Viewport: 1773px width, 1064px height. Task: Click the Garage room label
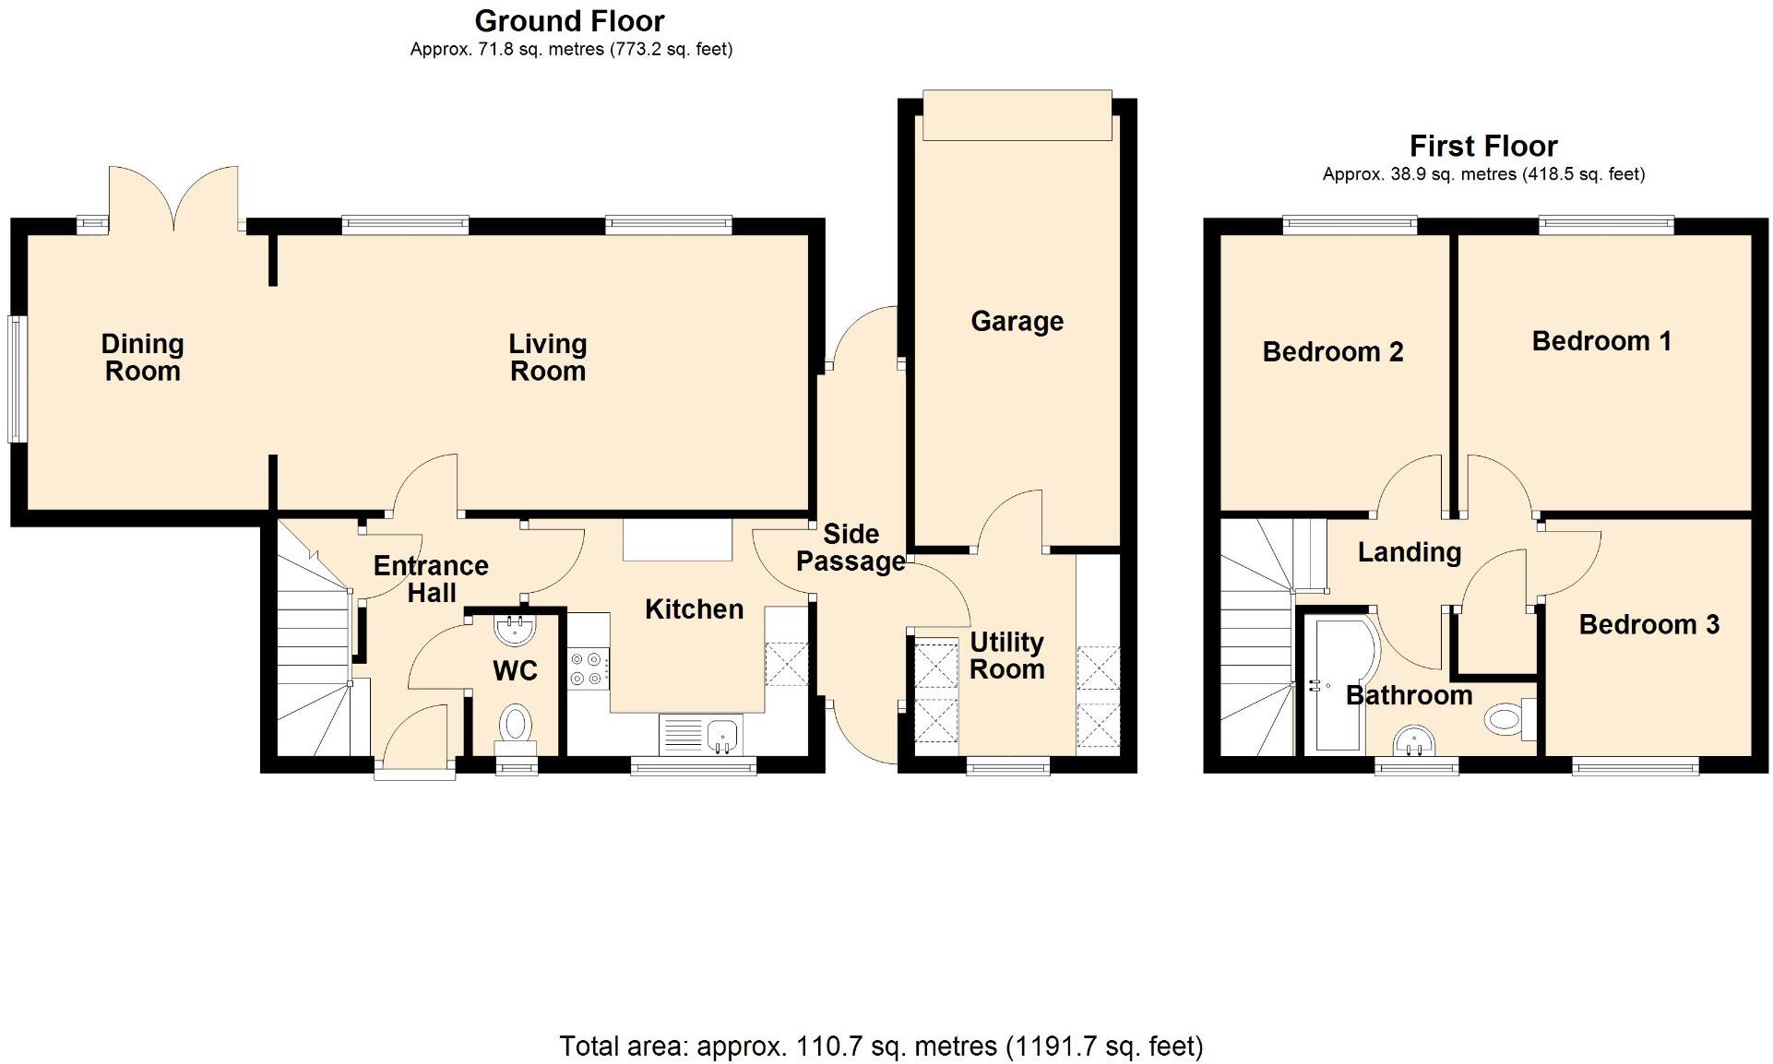coord(1017,321)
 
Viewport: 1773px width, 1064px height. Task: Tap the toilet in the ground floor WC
coord(515,724)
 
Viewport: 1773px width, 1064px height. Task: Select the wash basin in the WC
coord(514,631)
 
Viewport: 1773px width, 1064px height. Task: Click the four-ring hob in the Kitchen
coord(588,668)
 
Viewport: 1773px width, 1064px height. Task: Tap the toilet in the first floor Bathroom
coord(1506,717)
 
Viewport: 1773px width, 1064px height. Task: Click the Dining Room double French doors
coord(173,198)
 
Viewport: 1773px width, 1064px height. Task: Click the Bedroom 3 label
coord(1648,624)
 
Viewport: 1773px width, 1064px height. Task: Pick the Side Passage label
coord(851,548)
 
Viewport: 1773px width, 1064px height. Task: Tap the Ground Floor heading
coord(569,20)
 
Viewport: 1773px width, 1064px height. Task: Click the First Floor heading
coord(1482,146)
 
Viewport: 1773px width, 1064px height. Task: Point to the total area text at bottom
coord(881,1046)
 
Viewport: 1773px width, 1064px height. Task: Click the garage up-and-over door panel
coord(1017,115)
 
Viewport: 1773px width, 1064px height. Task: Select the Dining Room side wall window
coord(16,379)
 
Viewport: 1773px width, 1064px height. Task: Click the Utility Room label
coord(1006,656)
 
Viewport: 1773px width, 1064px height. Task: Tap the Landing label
coord(1409,552)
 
